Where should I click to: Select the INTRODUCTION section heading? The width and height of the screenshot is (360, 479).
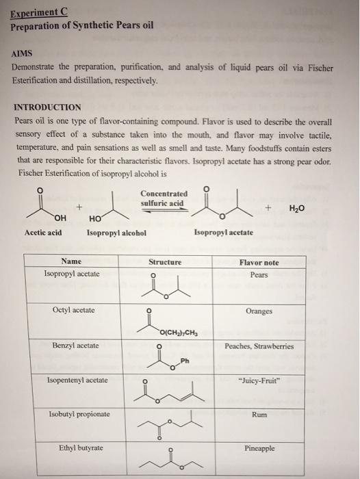[x=47, y=107]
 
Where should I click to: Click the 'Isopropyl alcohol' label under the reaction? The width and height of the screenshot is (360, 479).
[x=116, y=233]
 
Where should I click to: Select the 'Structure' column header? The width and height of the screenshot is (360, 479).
[x=165, y=262]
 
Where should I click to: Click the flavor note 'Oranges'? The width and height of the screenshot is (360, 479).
[x=258, y=311]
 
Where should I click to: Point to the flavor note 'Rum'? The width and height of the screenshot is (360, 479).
[x=259, y=414]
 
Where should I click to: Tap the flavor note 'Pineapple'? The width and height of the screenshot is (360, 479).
[x=259, y=449]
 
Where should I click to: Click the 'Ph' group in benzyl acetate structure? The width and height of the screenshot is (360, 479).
[x=185, y=361]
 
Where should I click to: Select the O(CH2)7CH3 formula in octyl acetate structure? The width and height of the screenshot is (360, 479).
[x=179, y=333]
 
